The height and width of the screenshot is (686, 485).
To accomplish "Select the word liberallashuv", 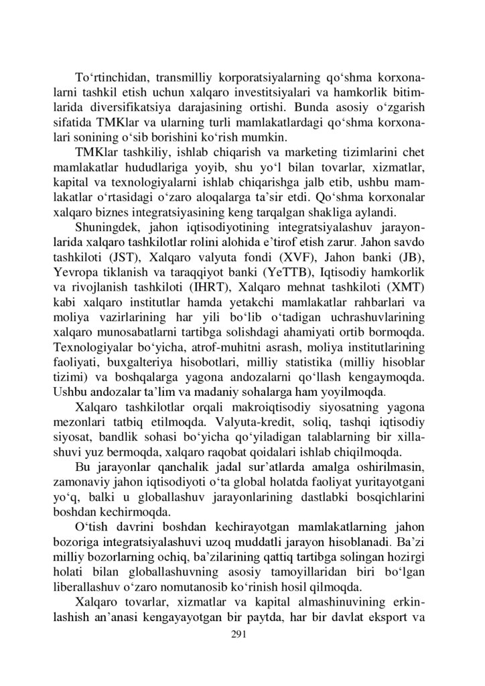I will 92,587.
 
